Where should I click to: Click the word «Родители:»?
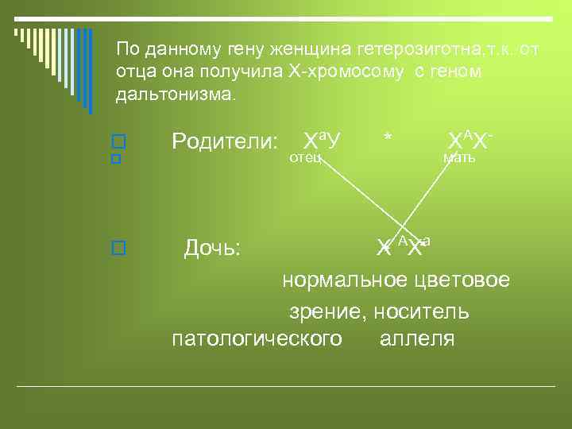tap(225, 141)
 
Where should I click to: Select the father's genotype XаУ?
tap(322, 141)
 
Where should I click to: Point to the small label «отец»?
tap(305, 158)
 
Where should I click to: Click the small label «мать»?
tap(459, 158)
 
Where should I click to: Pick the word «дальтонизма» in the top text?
tap(174, 95)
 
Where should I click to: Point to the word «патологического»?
tap(257, 339)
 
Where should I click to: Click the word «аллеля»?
tap(417, 339)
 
